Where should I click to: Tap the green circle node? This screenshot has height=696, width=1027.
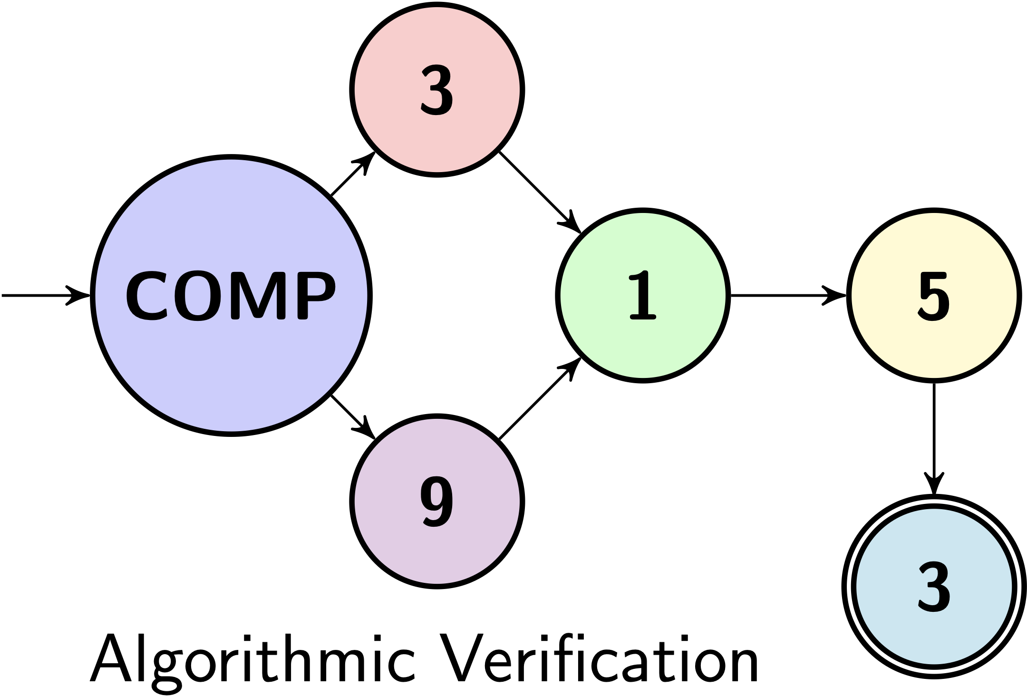click(643, 347)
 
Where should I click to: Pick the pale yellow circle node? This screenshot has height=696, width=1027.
click(934, 347)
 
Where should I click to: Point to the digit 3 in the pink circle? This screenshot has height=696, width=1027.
click(437, 90)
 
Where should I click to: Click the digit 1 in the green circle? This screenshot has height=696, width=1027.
click(643, 296)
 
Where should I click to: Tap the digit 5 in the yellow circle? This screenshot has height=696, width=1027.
click(934, 296)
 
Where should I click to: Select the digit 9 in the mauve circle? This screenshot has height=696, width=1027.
click(437, 502)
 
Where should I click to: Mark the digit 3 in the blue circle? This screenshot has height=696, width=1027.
click(934, 586)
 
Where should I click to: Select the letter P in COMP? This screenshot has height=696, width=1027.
click(314, 296)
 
